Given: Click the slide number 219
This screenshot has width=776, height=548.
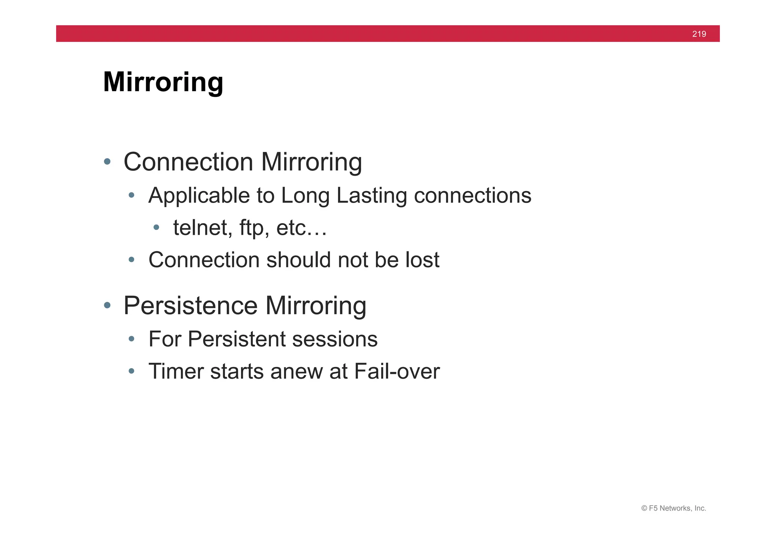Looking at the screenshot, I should click(699, 34).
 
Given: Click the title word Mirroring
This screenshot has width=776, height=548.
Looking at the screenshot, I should click(163, 82).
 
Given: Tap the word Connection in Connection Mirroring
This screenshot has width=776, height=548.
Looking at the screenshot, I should click(188, 162).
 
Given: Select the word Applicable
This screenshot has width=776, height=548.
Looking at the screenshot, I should click(199, 196).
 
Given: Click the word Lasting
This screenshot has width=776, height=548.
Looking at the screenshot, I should click(371, 196).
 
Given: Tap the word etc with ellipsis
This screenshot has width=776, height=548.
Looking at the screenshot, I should click(301, 228).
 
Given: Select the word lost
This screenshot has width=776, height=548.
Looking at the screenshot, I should click(422, 260).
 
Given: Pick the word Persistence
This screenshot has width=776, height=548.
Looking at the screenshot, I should click(191, 306).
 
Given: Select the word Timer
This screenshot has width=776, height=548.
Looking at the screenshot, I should click(176, 371).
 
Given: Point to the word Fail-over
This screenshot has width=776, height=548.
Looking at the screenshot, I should click(397, 371).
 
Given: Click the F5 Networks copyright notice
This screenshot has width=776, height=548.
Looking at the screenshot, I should click(673, 508).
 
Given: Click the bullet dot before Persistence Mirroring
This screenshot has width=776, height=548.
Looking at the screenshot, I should click(107, 305).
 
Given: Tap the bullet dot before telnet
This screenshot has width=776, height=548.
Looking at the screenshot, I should click(156, 227).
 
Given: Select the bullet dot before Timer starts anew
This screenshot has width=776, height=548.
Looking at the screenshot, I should click(131, 371).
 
